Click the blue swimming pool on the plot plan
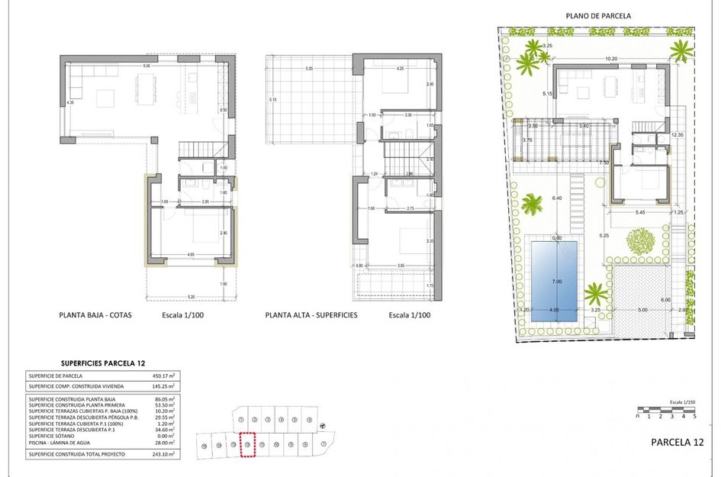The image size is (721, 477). point(554,279)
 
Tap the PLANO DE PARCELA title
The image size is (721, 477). point(598,15)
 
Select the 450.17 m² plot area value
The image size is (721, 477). point(164,375)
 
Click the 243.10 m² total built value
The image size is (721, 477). point(164,454)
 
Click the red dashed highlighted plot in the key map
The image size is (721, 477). point(246,445)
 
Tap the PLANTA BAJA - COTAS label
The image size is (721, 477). point(95,314)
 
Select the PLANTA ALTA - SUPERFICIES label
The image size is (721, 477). point(311,314)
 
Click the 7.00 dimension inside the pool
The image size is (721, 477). point(556,282)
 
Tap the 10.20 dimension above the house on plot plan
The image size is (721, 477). point(610,59)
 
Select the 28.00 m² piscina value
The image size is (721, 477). point(165,442)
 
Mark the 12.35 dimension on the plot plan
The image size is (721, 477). point(677,135)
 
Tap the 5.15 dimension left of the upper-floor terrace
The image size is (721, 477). point(272,100)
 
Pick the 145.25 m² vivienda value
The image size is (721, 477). point(164,385)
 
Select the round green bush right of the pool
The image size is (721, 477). point(641,240)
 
